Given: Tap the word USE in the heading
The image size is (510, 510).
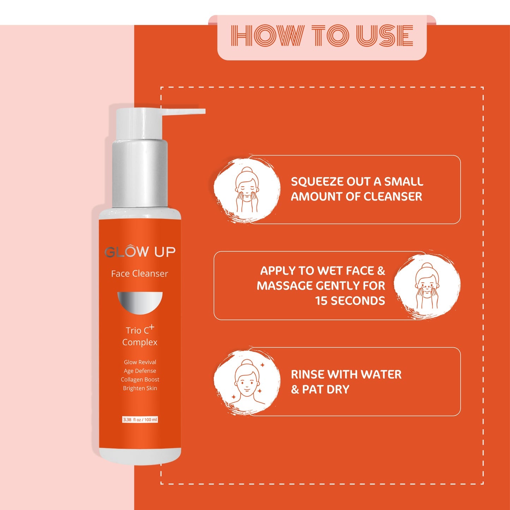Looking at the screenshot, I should [x=385, y=36].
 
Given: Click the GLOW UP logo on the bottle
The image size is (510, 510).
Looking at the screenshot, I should [x=140, y=252].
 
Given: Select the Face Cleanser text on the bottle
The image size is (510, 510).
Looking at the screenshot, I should [x=139, y=274].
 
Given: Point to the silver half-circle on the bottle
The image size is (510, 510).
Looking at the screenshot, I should [x=140, y=302].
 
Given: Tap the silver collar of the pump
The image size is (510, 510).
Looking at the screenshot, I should [x=140, y=173].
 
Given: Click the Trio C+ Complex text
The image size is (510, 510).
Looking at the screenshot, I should [x=140, y=336].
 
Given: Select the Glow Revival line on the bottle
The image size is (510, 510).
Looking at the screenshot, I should [x=140, y=362].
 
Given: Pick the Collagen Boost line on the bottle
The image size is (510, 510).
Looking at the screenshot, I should [x=140, y=379].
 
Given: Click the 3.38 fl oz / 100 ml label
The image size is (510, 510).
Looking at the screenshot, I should [x=140, y=420].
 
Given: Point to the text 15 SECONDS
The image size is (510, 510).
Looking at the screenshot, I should [x=350, y=301].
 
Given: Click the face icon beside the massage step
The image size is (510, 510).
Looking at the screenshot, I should [x=427, y=286].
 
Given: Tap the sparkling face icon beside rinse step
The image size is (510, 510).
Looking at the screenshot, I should [x=247, y=382].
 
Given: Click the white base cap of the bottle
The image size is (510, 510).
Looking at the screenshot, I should [x=140, y=456].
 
